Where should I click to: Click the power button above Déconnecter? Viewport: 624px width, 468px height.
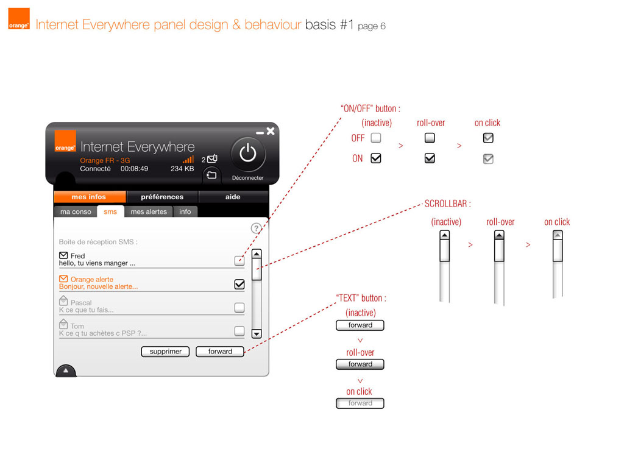click(x=248, y=154)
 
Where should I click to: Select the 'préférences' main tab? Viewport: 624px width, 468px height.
click(x=162, y=197)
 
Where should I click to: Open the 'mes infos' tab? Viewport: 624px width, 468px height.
click(x=89, y=197)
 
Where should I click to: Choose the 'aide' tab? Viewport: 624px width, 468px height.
click(x=233, y=197)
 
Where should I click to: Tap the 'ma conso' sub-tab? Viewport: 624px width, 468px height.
click(x=76, y=211)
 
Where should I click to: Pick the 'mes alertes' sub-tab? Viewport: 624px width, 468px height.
click(x=149, y=211)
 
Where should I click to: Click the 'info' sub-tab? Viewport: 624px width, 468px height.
click(x=185, y=211)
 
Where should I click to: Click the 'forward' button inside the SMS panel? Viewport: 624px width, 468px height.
click(x=220, y=352)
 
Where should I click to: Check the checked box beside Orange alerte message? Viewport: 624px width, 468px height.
click(x=239, y=284)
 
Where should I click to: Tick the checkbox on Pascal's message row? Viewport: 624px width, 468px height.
click(x=239, y=308)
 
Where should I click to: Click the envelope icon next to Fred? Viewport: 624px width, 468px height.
click(x=63, y=255)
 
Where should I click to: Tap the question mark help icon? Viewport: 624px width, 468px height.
click(x=257, y=228)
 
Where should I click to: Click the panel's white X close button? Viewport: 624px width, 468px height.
click(x=271, y=131)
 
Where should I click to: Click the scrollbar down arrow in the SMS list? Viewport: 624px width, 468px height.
click(x=257, y=334)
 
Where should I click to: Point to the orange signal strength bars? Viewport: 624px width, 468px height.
click(x=189, y=160)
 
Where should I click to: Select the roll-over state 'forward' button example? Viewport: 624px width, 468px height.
click(x=360, y=364)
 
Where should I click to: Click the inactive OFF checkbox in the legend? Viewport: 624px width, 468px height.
click(x=376, y=138)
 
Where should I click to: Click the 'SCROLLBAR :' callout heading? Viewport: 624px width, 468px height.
click(x=448, y=204)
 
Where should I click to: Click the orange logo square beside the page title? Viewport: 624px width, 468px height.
click(x=19, y=19)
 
